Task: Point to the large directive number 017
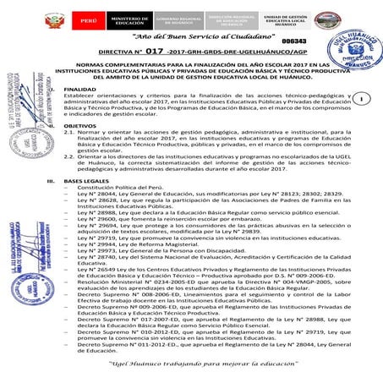tap(153, 51)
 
